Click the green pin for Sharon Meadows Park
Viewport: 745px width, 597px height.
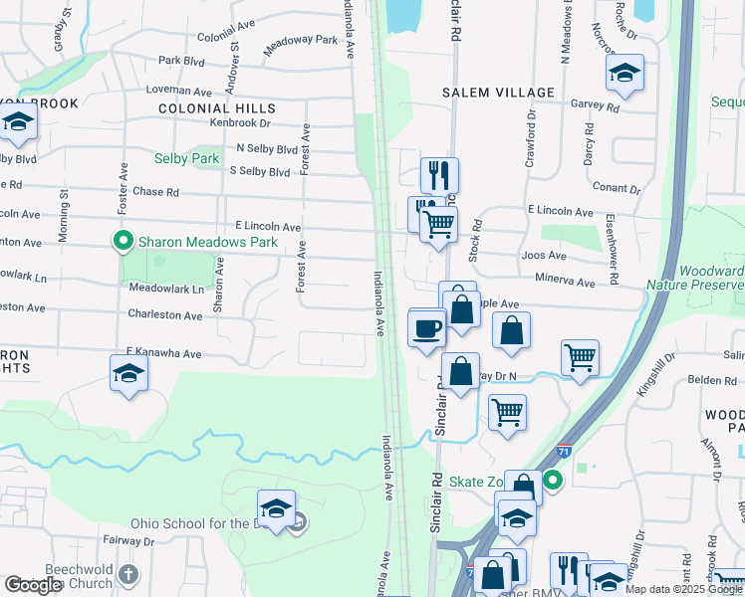(124, 241)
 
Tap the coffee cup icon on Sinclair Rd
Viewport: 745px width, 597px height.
(426, 328)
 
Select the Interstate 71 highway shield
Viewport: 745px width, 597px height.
(565, 451)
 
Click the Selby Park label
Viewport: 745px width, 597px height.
(186, 158)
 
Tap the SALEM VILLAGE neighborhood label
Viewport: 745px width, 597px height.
(498, 93)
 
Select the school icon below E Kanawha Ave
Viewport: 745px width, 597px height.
(128, 373)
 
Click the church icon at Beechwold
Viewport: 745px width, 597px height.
(127, 574)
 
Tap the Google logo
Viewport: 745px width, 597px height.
(33, 585)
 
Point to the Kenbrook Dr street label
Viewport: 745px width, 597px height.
(240, 123)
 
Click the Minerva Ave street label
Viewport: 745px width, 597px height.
(565, 283)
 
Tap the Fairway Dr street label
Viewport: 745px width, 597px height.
(126, 541)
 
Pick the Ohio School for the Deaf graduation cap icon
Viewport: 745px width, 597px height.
(276, 506)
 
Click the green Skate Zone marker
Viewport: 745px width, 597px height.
(553, 482)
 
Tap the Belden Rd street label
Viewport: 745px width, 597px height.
(710, 380)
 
